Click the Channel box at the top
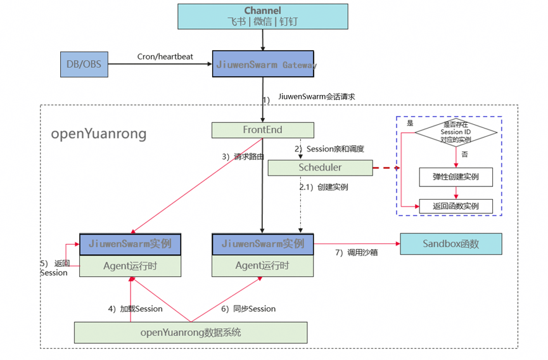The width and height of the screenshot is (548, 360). click(x=263, y=16)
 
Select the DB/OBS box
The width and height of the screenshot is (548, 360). click(x=84, y=64)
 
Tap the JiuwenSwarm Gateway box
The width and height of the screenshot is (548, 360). click(x=263, y=64)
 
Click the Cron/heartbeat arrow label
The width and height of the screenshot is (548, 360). click(x=165, y=56)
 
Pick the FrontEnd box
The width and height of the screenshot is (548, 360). click(x=263, y=130)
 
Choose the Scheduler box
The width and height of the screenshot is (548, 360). click(x=320, y=168)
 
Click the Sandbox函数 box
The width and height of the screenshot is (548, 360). click(x=451, y=244)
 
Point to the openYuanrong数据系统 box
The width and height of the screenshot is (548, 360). click(x=191, y=332)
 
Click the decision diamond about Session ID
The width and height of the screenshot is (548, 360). click(x=456, y=132)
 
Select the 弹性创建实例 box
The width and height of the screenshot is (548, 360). click(x=456, y=177)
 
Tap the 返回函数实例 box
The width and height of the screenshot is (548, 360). click(x=456, y=206)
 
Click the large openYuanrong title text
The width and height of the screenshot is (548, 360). click(x=99, y=134)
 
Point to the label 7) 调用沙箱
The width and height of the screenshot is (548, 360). click(x=357, y=252)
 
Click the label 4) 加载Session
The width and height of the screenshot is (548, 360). click(x=136, y=309)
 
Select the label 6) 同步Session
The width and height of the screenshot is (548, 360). click(x=248, y=309)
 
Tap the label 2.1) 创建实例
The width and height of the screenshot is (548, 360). click(x=324, y=188)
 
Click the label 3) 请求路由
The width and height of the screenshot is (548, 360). click(x=243, y=157)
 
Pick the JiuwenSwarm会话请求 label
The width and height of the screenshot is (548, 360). click(x=317, y=96)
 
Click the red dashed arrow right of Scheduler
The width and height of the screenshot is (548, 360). click(x=386, y=168)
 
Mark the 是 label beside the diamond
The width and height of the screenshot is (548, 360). click(x=411, y=123)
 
